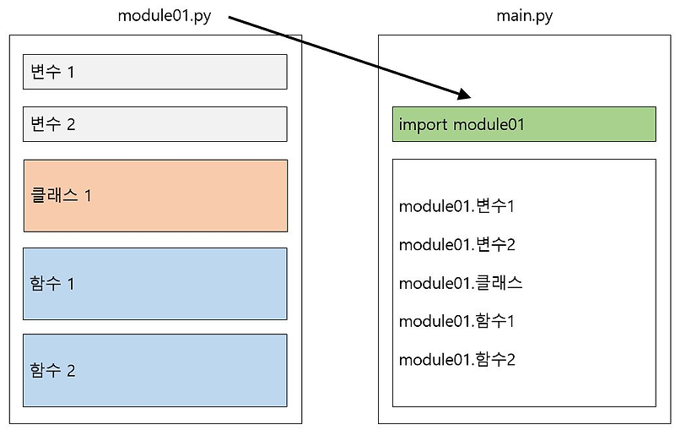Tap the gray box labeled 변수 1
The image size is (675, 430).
tap(154, 72)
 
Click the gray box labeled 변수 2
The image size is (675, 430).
tap(154, 124)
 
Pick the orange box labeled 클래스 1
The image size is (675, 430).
tap(155, 195)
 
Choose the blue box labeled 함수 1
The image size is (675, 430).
tap(155, 283)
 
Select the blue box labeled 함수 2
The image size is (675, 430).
tap(155, 370)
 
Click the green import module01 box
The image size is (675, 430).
tap(523, 124)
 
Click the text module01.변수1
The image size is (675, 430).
tap(456, 206)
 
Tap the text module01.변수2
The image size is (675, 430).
tap(456, 245)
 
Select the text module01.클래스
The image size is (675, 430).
tap(461, 283)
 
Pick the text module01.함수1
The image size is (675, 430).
tap(456, 321)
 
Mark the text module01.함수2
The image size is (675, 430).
tap(456, 360)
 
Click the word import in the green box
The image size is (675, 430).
tap(424, 125)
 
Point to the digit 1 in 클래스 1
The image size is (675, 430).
tap(88, 196)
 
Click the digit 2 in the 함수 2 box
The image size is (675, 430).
tap(71, 371)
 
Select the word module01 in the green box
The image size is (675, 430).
tap(489, 125)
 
